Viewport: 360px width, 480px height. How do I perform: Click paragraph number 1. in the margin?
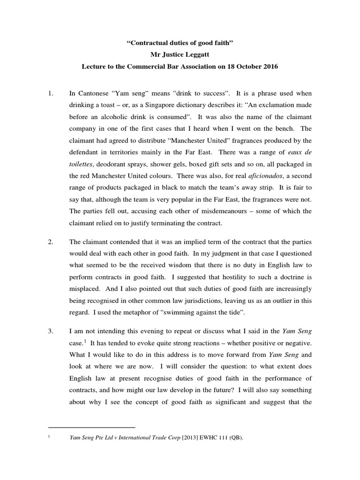coord(52,93)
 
